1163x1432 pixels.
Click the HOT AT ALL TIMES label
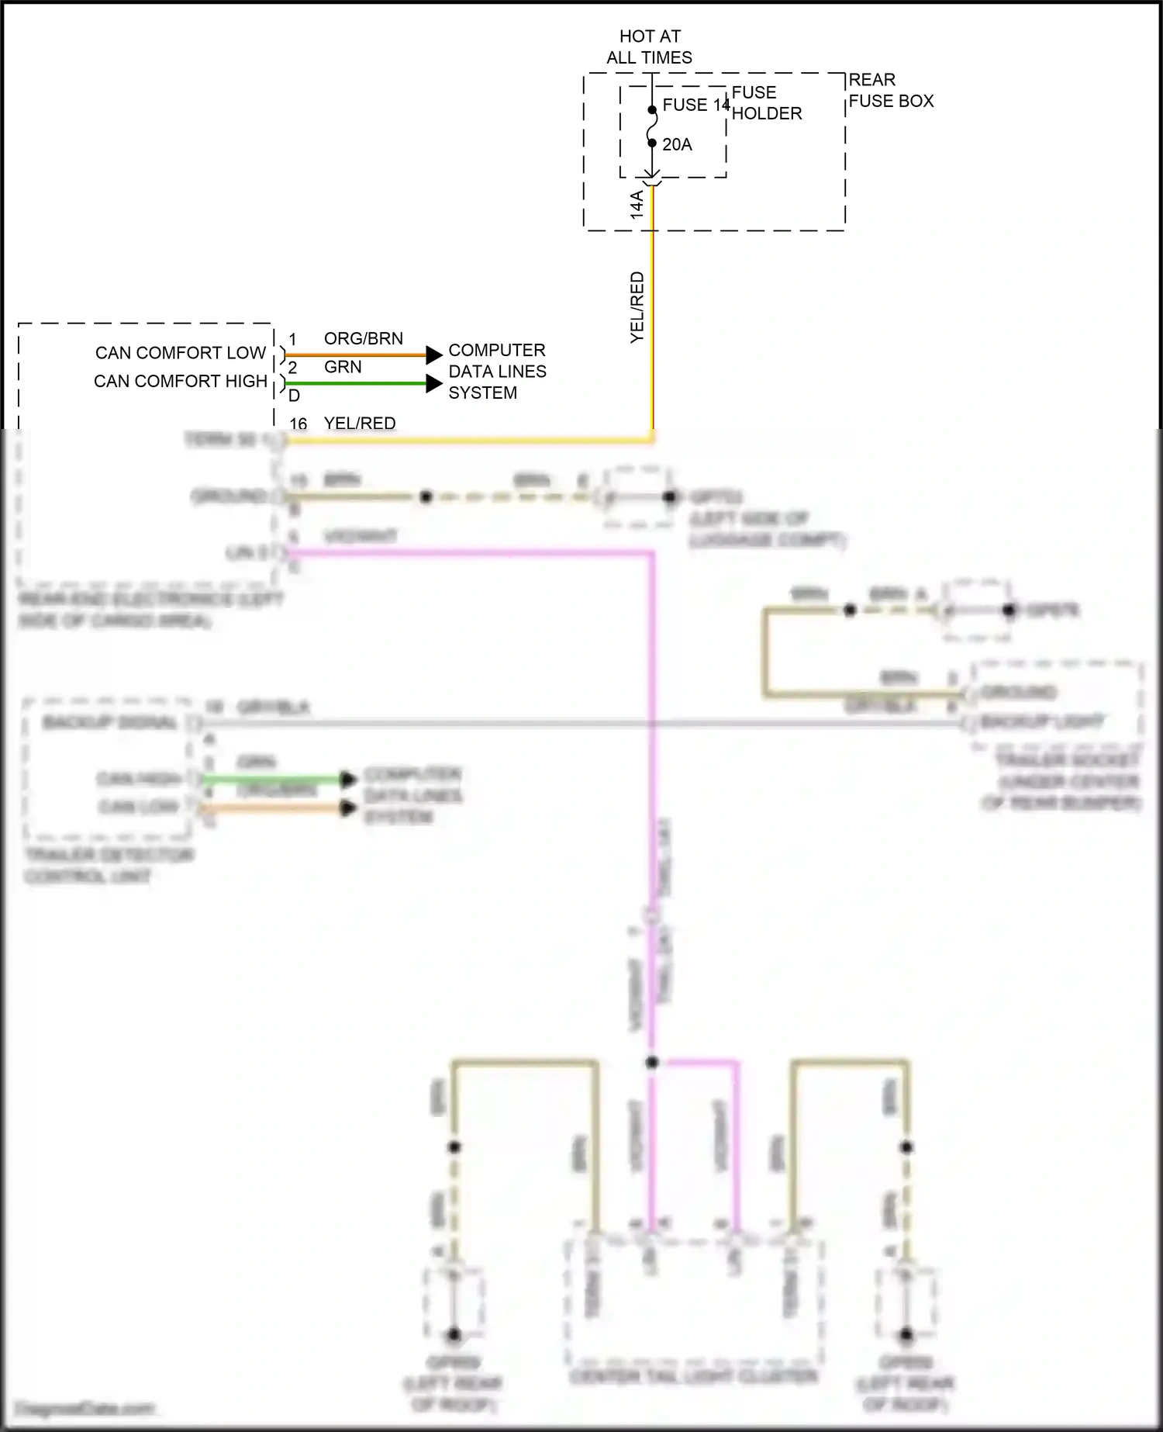click(x=650, y=47)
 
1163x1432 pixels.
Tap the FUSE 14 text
click(x=695, y=105)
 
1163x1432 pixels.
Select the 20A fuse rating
click(x=677, y=144)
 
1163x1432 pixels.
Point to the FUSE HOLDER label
click(x=766, y=103)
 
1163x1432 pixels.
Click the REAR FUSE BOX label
click(x=891, y=90)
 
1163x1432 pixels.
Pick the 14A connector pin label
click(x=637, y=204)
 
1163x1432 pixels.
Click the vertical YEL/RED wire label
click(x=637, y=307)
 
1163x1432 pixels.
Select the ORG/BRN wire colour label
click(x=363, y=339)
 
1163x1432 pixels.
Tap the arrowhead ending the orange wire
click(x=434, y=355)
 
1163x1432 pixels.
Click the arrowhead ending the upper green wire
click(x=434, y=383)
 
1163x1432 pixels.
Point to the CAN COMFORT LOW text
click(x=181, y=353)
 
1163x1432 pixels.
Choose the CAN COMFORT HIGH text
click(x=181, y=382)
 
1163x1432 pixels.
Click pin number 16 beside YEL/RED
click(x=299, y=424)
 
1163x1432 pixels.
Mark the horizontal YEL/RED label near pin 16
click(x=360, y=424)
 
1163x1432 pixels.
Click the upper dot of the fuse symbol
click(x=652, y=110)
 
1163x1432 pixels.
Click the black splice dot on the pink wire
click(x=652, y=1062)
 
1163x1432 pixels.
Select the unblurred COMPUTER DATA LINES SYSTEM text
click(x=497, y=372)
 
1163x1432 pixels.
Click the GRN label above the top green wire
click(x=343, y=367)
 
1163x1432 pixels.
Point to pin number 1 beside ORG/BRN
click(x=292, y=340)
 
